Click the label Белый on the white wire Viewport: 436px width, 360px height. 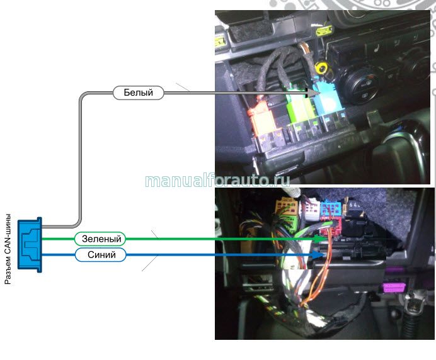(138, 93)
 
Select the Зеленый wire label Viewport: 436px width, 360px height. (100, 239)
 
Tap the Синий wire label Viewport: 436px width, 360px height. (100, 255)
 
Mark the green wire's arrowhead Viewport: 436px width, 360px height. (318, 239)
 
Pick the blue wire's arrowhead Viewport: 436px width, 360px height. (318, 255)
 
